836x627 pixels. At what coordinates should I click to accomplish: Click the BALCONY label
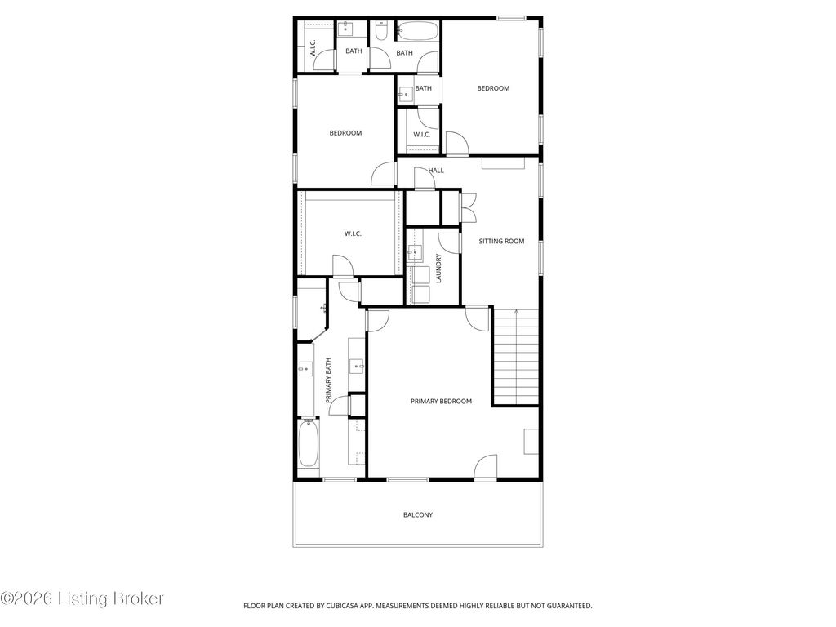pyautogui.click(x=417, y=514)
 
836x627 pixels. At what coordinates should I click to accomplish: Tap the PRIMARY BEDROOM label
pyautogui.click(x=441, y=401)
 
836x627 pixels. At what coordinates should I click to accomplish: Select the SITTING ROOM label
pyautogui.click(x=501, y=241)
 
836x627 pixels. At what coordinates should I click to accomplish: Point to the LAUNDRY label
pyautogui.click(x=438, y=268)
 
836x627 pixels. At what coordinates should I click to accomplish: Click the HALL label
pyautogui.click(x=436, y=171)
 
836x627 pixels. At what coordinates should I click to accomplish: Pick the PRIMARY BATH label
pyautogui.click(x=328, y=380)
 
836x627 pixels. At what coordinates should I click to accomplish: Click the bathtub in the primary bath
pyautogui.click(x=308, y=442)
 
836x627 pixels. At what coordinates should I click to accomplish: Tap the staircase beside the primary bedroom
pyautogui.click(x=516, y=356)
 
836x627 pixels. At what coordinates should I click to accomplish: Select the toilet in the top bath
pyautogui.click(x=381, y=32)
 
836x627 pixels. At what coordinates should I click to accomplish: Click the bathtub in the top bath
pyautogui.click(x=417, y=30)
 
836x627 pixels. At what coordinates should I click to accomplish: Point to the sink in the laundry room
pyautogui.click(x=414, y=251)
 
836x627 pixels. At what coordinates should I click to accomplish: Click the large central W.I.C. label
pyautogui.click(x=353, y=233)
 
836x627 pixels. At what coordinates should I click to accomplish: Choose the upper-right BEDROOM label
pyautogui.click(x=492, y=88)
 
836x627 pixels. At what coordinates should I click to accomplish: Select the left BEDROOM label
pyautogui.click(x=345, y=133)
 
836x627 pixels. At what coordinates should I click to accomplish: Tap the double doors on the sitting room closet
pyautogui.click(x=469, y=207)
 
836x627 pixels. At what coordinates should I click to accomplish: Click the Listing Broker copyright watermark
pyautogui.click(x=82, y=598)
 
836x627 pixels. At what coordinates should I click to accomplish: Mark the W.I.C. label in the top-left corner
pyautogui.click(x=313, y=48)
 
